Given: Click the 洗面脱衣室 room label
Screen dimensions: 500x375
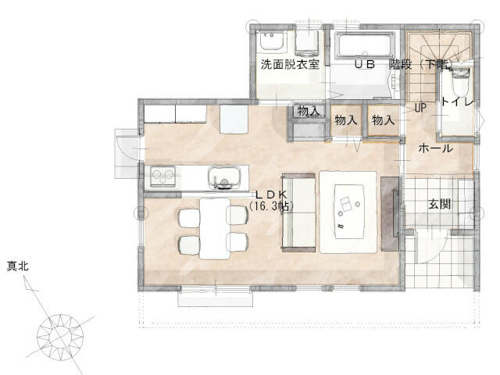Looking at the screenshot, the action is tap(290, 64).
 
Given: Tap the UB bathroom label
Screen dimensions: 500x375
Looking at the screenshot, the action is tap(365, 64).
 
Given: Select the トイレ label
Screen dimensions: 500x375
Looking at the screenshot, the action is tap(457, 102).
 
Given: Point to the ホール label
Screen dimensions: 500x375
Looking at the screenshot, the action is tap(435, 148).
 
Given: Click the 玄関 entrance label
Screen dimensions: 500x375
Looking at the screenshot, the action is tap(439, 204).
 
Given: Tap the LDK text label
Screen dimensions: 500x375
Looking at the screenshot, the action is tap(272, 195).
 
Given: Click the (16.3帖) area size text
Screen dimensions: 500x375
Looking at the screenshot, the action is tap(271, 206).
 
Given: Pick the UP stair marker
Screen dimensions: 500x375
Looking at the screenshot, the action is tap(420, 108).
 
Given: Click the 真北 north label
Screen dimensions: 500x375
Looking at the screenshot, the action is tap(18, 266).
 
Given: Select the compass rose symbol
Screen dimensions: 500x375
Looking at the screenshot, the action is tap(60, 337).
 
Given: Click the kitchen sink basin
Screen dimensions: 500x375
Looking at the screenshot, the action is tap(223, 178).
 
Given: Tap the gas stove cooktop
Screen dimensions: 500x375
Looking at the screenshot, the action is tap(162, 177).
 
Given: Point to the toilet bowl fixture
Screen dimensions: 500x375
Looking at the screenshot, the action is tap(460, 80).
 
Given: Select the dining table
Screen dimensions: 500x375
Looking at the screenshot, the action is tap(215, 228).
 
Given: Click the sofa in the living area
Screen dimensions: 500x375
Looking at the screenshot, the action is tap(298, 212).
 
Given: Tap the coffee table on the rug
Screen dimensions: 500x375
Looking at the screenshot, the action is tap(350, 211).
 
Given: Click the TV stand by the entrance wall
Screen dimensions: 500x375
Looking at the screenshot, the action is tap(390, 213).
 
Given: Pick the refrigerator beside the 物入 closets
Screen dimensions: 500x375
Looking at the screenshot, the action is tap(234, 119).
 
